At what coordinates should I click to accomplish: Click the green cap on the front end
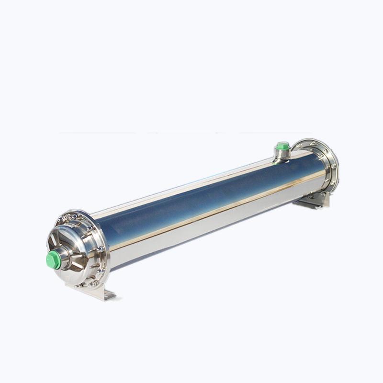[x=53, y=260]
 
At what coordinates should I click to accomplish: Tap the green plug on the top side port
[x=282, y=146]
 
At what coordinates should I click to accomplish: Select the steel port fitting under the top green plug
[x=282, y=154]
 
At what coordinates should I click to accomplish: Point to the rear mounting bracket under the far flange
[x=314, y=201]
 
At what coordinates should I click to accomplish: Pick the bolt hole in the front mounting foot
[x=106, y=294]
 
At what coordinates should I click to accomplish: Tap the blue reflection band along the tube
[x=201, y=201]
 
